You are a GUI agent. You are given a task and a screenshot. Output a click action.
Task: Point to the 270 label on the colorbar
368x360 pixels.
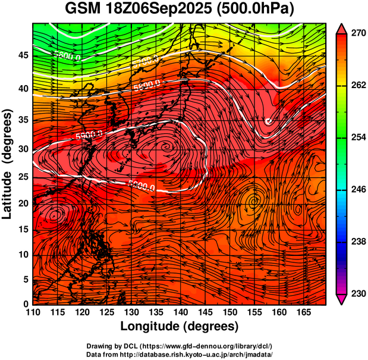[356, 34]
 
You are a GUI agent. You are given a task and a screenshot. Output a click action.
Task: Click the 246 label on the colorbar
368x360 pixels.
[356, 190]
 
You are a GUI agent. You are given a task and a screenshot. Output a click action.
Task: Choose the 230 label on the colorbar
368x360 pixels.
[356, 293]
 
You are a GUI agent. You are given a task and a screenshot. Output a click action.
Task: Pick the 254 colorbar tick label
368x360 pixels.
[356, 137]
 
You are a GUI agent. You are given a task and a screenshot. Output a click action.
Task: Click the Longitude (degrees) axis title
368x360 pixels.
[180, 326]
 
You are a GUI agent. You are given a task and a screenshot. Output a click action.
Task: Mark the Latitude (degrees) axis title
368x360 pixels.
[8, 164]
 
